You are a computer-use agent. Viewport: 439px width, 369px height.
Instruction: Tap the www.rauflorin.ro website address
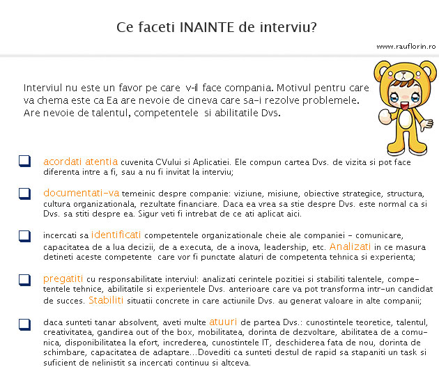tap(406, 46)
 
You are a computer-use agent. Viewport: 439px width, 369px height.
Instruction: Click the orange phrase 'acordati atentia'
tap(80, 162)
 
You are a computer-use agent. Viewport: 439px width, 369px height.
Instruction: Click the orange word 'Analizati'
tap(351, 246)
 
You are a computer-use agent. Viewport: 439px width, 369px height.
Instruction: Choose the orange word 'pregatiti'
tap(62, 278)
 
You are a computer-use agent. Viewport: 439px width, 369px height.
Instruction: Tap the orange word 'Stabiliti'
tap(106, 301)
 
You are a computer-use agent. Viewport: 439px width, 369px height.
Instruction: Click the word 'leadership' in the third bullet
tap(277, 246)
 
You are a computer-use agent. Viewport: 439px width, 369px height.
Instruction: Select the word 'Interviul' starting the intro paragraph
tap(45, 88)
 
